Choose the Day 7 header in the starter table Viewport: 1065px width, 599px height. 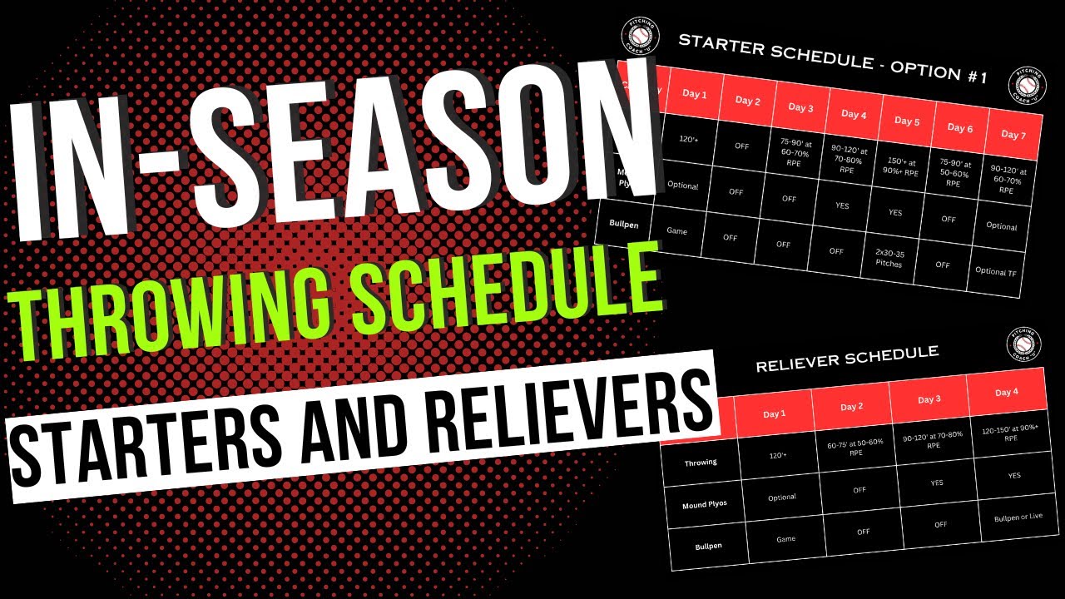click(x=1013, y=135)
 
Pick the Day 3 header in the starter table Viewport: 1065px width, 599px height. click(x=800, y=108)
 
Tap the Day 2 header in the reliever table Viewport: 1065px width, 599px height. click(x=851, y=407)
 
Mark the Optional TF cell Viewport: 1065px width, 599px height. click(x=996, y=270)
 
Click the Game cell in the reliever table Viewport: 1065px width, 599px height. click(x=785, y=539)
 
